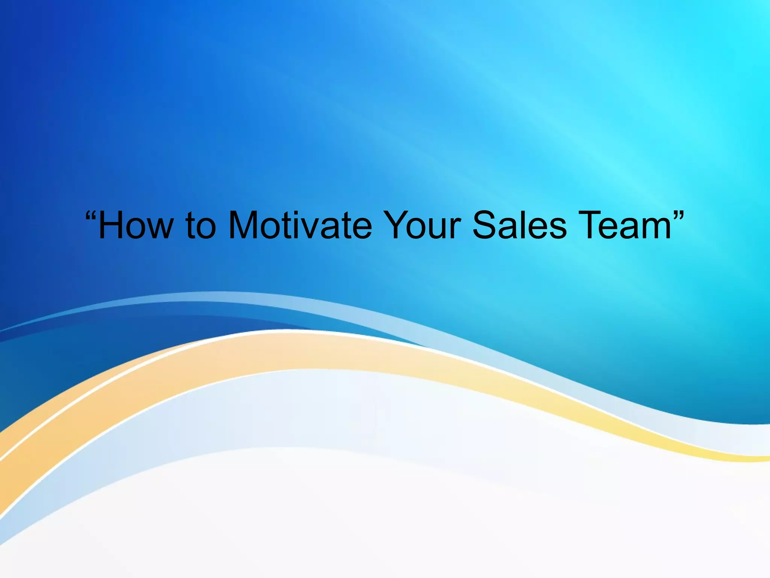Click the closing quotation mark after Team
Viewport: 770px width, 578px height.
(x=678, y=218)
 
